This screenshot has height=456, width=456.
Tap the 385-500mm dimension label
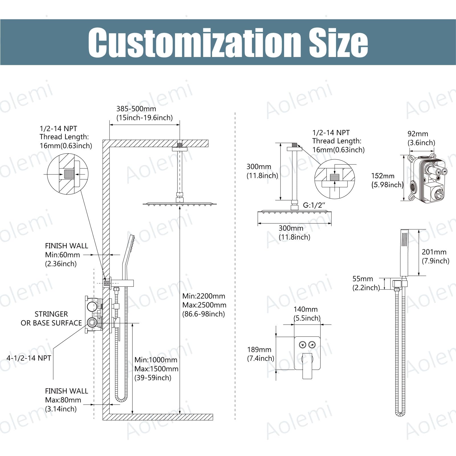[x=136, y=109]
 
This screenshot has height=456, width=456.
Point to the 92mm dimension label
[x=418, y=134]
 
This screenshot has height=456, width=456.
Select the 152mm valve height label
[x=382, y=176]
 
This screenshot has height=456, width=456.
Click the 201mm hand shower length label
[x=434, y=252]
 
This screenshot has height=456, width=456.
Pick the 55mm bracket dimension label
[x=363, y=279]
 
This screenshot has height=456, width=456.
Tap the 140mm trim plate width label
[x=305, y=309]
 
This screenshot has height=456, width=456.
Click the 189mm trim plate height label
[x=259, y=349]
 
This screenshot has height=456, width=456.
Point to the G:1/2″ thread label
[x=314, y=205]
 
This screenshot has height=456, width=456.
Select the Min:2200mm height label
[x=204, y=296]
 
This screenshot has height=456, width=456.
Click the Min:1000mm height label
[x=156, y=360]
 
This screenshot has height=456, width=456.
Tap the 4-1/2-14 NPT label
[x=29, y=358]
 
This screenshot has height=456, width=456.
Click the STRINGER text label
[x=51, y=314]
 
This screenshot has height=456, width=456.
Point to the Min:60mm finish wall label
[x=62, y=255]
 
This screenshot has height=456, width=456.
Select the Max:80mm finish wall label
[x=63, y=400]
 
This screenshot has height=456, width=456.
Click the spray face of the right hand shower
[x=404, y=240]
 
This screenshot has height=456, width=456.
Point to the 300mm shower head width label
[x=291, y=228]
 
